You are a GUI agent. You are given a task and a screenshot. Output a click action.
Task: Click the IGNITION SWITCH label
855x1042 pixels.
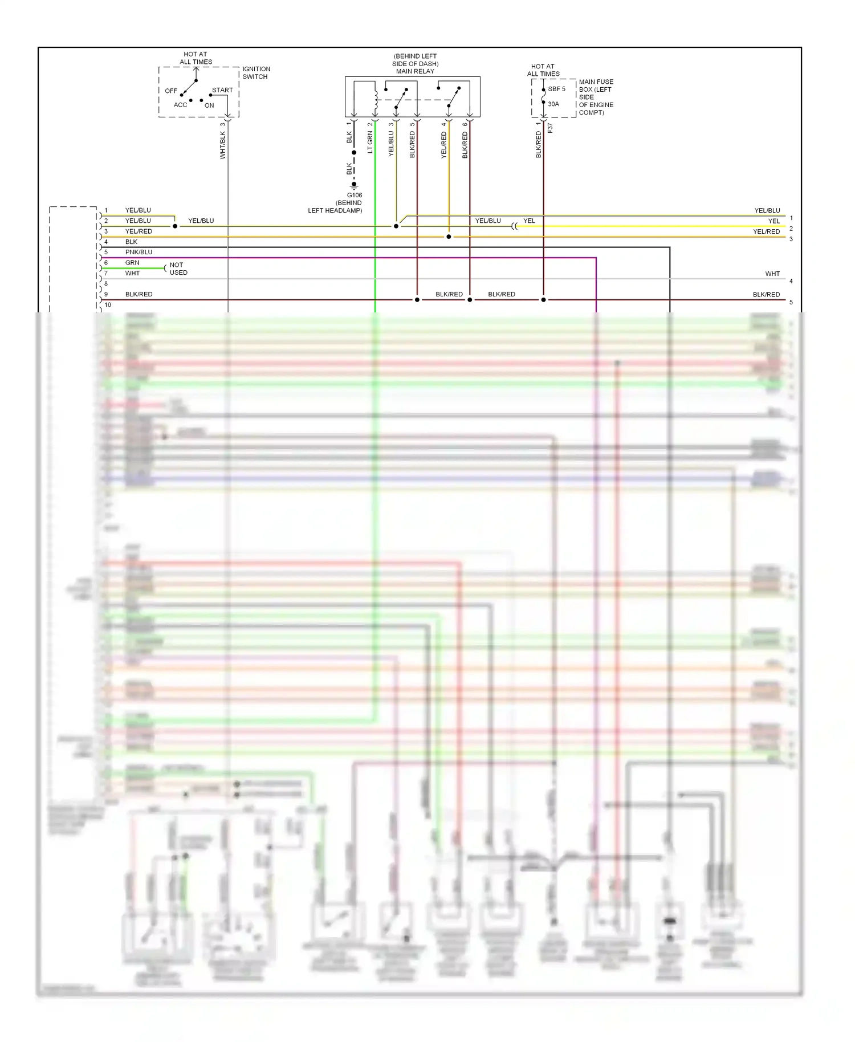[x=256, y=73]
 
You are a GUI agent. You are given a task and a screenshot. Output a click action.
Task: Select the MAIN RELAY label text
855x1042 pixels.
[x=415, y=71]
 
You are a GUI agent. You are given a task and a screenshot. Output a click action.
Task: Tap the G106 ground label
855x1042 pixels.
[x=355, y=195]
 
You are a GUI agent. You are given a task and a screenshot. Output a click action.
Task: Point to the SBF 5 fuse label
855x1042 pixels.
[x=556, y=89]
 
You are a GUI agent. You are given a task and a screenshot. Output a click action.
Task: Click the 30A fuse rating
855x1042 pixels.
[x=553, y=104]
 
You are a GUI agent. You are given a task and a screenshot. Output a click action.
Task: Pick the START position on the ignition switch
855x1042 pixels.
[x=222, y=90]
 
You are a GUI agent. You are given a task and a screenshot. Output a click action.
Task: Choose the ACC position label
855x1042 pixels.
[x=180, y=105]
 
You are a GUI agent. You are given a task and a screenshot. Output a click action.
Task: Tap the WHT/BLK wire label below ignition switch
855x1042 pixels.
[x=223, y=145]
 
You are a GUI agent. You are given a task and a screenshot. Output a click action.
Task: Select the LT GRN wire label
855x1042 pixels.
[x=370, y=142]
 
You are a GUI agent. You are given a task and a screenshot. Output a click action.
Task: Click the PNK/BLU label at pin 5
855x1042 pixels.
[x=139, y=252]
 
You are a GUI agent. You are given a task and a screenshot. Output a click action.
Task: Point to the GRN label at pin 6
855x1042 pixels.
[x=132, y=263]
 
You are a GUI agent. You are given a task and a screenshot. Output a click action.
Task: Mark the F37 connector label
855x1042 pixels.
[x=550, y=128]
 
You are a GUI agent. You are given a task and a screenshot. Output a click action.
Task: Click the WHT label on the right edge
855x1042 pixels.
[x=772, y=274]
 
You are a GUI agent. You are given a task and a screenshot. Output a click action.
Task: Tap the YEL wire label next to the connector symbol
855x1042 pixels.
[x=529, y=221]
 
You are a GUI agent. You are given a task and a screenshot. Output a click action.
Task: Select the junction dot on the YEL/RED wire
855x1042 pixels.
[x=449, y=237]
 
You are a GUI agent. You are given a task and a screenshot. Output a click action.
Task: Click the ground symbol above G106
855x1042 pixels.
[x=354, y=185]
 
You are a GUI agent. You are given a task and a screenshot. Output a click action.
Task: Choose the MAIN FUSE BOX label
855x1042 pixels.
[x=596, y=97]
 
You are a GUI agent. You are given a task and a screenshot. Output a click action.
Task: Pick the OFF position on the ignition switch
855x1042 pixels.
[x=171, y=91]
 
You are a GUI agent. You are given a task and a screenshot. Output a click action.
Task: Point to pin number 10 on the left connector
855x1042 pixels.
[x=108, y=305]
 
